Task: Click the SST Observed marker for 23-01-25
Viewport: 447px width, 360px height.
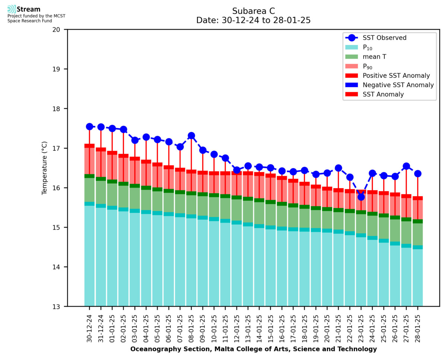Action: pyautogui.click(x=361, y=197)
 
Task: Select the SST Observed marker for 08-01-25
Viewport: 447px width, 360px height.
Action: pyautogui.click(x=191, y=136)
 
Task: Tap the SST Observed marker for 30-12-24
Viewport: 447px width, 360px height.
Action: pyautogui.click(x=89, y=127)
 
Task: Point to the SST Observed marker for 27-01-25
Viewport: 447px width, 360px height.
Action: pyautogui.click(x=406, y=166)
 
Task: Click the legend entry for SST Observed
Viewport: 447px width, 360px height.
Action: pyautogui.click(x=384, y=38)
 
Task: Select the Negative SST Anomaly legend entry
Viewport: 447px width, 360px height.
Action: pyautogui.click(x=398, y=85)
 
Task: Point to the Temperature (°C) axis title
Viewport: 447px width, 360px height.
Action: pyautogui.click(x=45, y=168)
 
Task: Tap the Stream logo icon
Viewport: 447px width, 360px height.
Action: pyautogui.click(x=12, y=9)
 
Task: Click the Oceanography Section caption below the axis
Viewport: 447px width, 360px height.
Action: pyautogui.click(x=253, y=349)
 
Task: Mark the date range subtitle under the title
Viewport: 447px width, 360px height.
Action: pyautogui.click(x=253, y=20)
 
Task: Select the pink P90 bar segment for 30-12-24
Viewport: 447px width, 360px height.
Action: pyautogui.click(x=89, y=161)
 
